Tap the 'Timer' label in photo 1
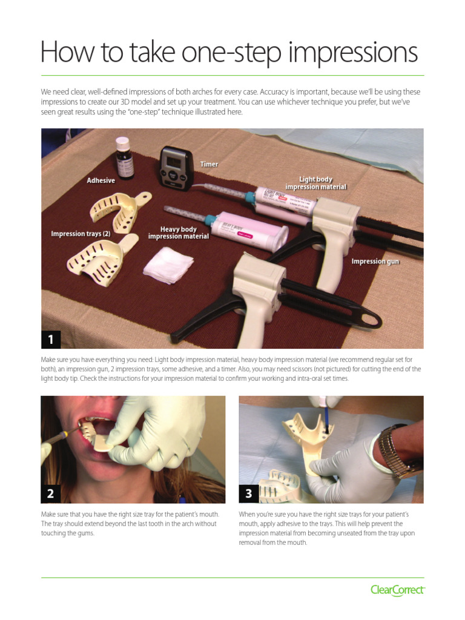coord(209,164)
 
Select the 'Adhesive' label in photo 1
coord(101,180)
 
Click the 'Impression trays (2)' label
coord(81,234)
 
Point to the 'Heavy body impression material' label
coord(178,232)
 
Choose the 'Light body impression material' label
coord(316,183)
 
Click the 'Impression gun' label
coord(375,261)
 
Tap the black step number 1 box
coord(51,340)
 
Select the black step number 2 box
coord(51,493)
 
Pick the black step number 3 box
coord(249,493)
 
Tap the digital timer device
coord(176,167)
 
